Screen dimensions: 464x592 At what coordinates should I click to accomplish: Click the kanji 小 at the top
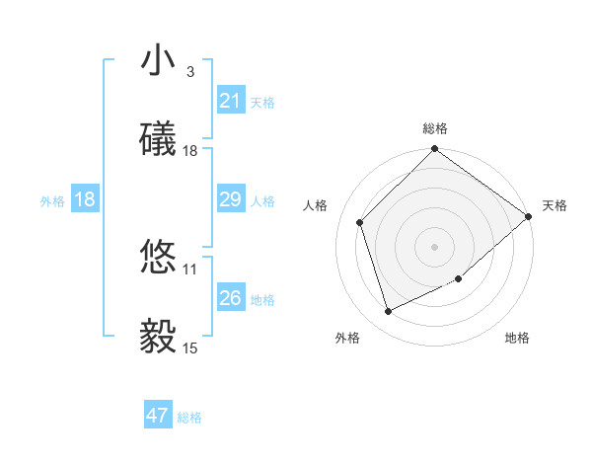coord(158,61)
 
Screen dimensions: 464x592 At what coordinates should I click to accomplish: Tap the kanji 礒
coord(158,139)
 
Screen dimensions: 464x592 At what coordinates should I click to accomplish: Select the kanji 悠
coord(158,258)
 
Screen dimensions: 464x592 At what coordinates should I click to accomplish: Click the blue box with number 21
coord(230,101)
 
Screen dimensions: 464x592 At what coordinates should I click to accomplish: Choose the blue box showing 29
coord(230,200)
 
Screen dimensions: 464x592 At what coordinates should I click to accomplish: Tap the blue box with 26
coord(230,298)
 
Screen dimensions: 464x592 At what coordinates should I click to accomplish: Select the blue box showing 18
coord(85,199)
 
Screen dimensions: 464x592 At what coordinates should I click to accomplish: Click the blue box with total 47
coord(158,416)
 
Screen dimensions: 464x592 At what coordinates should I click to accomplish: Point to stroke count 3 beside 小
coord(190,71)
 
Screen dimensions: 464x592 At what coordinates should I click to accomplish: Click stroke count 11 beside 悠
coord(190,269)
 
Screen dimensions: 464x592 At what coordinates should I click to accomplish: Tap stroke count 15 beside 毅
coord(190,348)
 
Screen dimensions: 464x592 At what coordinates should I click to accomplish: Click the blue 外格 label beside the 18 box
coord(52,200)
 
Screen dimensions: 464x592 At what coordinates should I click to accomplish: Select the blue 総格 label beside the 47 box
coord(189,418)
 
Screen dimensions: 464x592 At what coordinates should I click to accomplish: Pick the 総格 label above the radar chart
coord(435,128)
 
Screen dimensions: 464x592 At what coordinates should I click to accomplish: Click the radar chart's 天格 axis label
coord(555,205)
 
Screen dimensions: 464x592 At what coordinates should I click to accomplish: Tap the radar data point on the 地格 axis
coord(459,279)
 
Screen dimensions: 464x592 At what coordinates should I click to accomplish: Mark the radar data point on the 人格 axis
coord(360,222)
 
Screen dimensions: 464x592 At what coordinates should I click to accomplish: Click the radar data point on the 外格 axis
coord(389,311)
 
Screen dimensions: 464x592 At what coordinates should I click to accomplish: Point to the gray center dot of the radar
coord(434,247)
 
